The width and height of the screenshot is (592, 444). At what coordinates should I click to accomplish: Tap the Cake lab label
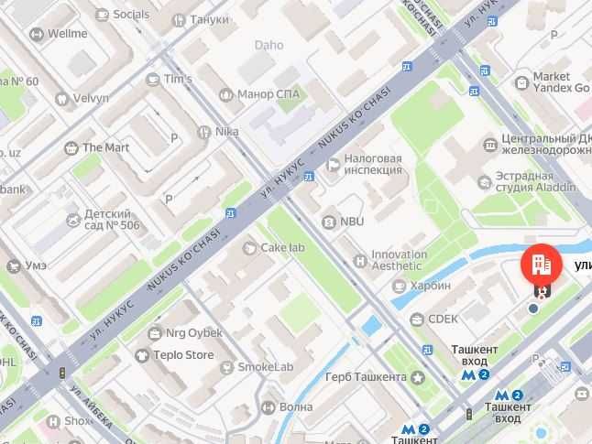click(x=282, y=247)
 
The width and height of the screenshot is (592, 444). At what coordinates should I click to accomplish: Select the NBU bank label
click(x=351, y=222)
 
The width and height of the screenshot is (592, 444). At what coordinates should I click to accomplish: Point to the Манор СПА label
click(x=269, y=93)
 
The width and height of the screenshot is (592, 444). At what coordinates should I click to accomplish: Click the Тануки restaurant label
click(x=210, y=17)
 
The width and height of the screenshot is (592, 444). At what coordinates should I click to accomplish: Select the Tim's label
click(x=177, y=79)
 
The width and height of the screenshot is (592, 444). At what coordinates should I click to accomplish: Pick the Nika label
click(x=225, y=132)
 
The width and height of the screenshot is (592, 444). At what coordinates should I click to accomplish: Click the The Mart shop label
click(x=104, y=147)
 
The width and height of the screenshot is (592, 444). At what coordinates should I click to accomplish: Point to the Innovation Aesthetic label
click(x=398, y=260)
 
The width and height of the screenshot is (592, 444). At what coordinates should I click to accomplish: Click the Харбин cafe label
click(x=430, y=286)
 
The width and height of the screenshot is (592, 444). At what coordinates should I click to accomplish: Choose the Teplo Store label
click(x=181, y=355)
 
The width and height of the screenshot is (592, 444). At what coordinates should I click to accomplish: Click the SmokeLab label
click(x=265, y=367)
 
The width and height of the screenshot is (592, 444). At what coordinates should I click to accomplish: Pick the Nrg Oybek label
click(x=189, y=332)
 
